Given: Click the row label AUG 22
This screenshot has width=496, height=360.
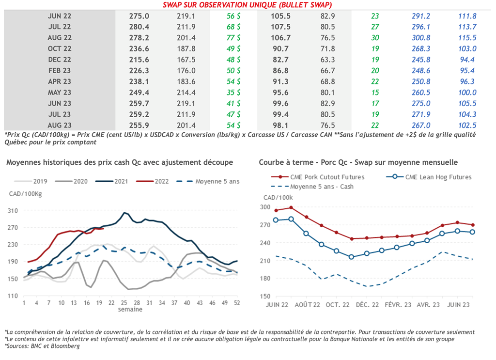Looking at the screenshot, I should point(60,38).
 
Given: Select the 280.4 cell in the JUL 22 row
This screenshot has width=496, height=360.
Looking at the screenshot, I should point(139,27).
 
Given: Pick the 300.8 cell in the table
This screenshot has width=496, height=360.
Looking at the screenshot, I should point(419,38).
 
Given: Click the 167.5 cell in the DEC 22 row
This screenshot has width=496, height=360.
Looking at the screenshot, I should point(186,60).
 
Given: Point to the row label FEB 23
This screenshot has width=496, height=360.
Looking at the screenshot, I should point(60,71).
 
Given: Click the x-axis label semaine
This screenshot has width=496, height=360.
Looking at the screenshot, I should point(131,309).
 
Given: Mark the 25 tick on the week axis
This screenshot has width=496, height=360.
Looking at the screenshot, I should point(124,302).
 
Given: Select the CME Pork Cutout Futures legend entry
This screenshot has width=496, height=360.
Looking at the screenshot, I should point(327,177).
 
